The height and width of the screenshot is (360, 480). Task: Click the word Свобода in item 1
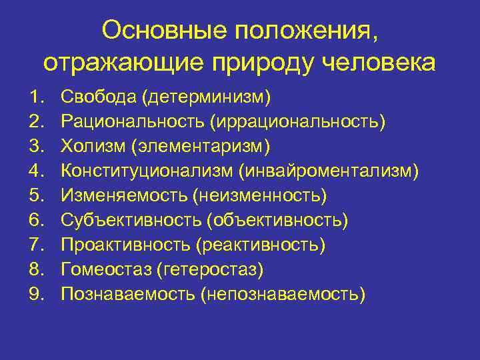(98, 97)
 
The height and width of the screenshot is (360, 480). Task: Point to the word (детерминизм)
(206, 98)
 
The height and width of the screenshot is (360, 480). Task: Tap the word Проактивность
(126, 245)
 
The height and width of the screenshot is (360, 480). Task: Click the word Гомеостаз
(105, 269)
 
